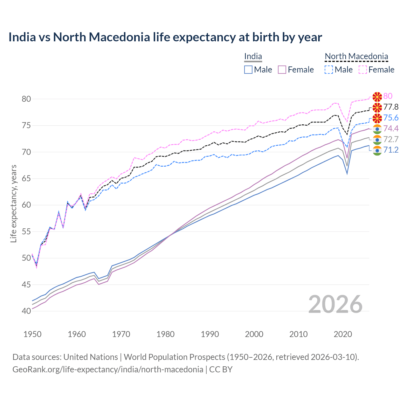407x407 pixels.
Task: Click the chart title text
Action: (165, 37)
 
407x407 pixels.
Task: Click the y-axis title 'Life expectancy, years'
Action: (14, 203)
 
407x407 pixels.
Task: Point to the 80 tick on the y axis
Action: (26, 99)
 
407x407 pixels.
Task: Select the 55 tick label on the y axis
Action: (26, 231)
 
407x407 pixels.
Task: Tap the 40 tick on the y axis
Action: (26, 311)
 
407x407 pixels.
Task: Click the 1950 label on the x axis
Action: (32, 334)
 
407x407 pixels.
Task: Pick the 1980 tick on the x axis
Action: (165, 334)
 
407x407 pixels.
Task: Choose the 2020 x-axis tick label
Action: (342, 334)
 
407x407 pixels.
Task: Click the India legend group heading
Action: (253, 57)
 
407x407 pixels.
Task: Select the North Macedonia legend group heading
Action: (356, 57)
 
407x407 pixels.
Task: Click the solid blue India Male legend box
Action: (248, 70)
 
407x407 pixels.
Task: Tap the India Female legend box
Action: (282, 70)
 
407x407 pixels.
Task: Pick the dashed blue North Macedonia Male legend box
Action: (329, 70)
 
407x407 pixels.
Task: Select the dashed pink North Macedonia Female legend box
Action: (363, 70)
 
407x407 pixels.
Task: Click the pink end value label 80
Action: (388, 96)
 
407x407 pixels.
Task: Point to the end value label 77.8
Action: (391, 107)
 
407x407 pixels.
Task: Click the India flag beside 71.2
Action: (377, 150)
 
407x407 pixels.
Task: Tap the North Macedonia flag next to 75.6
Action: (377, 118)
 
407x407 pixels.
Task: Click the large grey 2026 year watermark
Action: (335, 304)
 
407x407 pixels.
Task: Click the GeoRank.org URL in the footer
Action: (108, 369)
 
